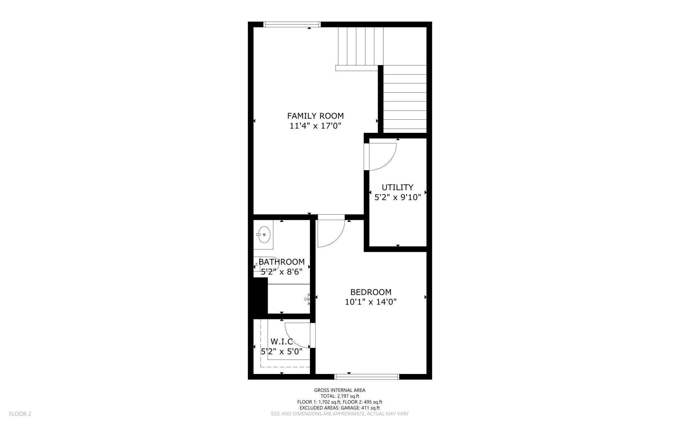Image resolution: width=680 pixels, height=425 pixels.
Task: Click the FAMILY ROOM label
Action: point(315,116)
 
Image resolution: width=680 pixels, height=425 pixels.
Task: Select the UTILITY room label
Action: point(397,187)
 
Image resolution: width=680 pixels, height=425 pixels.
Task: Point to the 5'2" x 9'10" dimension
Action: point(397,197)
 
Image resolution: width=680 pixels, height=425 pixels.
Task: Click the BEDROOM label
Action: point(371,292)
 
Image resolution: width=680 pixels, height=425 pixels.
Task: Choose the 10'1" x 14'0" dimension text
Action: point(371,302)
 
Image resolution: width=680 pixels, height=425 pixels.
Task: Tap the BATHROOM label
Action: point(281,262)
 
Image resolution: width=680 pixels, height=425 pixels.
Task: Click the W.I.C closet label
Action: point(281,342)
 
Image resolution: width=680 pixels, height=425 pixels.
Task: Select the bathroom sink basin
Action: point(264,235)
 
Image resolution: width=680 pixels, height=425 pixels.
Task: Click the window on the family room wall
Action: point(292,24)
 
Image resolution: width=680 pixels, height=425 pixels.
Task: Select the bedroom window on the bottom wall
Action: point(367,377)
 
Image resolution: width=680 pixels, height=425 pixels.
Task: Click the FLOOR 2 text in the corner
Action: point(20,414)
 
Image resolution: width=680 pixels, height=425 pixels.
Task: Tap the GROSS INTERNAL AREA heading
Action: point(340,390)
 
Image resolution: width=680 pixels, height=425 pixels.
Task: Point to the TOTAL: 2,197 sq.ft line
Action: point(340,396)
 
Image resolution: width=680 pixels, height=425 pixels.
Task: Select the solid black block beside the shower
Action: point(261,296)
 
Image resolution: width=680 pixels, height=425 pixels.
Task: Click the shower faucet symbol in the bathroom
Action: point(307,299)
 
